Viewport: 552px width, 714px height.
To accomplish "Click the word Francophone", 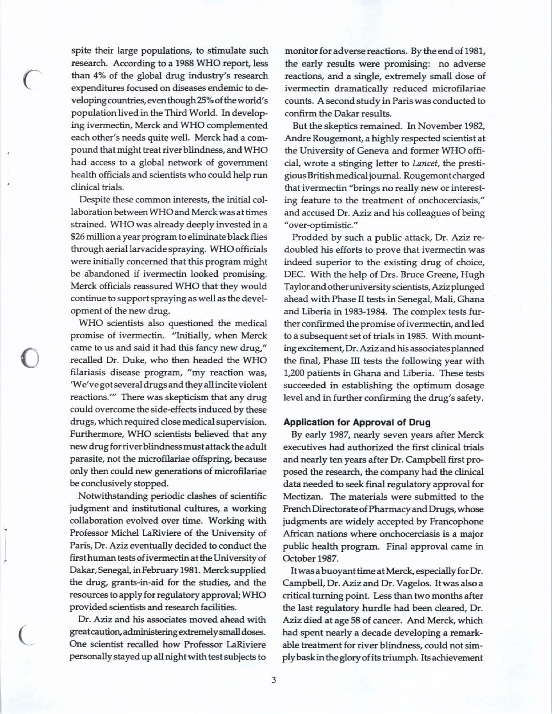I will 462,521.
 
